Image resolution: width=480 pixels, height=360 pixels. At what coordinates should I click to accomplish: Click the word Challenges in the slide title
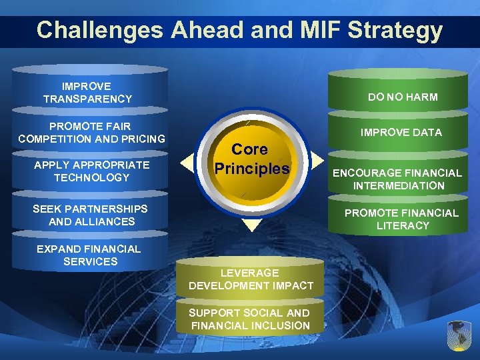pyautogui.click(x=100, y=31)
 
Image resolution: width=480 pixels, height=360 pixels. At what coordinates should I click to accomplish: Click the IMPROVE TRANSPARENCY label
pyautogui.click(x=87, y=93)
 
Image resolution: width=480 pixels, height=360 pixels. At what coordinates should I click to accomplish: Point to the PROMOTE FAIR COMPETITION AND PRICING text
pyautogui.click(x=91, y=133)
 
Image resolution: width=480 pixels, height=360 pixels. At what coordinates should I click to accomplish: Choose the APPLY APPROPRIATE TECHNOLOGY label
pyautogui.click(x=91, y=171)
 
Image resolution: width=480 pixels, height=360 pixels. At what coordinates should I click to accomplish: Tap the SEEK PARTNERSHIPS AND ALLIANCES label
pyautogui.click(x=91, y=215)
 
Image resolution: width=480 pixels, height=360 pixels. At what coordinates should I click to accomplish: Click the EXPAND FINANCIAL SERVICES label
pyautogui.click(x=89, y=255)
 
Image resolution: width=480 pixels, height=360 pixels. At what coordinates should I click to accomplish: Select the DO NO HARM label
pyautogui.click(x=403, y=97)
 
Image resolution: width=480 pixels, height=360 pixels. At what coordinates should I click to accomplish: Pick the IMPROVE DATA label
pyautogui.click(x=401, y=133)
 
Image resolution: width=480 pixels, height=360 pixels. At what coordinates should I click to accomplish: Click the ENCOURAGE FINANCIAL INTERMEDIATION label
pyautogui.click(x=397, y=179)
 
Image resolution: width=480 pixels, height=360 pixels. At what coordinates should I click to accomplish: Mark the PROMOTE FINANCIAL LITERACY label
pyautogui.click(x=402, y=219)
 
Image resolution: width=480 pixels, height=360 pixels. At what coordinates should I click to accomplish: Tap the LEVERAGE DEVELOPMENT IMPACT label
pyautogui.click(x=251, y=279)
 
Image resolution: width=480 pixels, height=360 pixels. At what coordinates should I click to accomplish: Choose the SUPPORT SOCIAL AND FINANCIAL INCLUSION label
pyautogui.click(x=250, y=319)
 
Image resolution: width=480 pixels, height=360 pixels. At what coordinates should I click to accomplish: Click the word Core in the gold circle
pyautogui.click(x=250, y=149)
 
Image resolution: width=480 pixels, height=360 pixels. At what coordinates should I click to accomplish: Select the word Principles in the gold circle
pyautogui.click(x=251, y=169)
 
